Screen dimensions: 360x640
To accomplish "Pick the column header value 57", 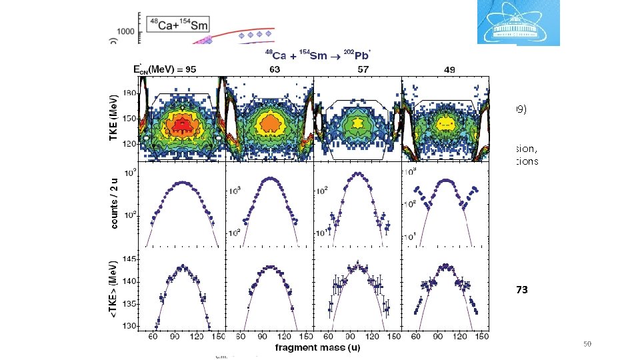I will (357, 69).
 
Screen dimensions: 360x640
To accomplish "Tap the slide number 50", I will (587, 343).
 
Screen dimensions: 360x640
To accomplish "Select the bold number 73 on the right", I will (521, 290).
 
